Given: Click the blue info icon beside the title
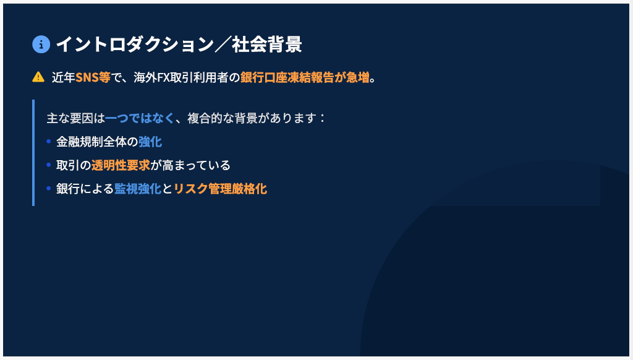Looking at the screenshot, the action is click(x=41, y=45).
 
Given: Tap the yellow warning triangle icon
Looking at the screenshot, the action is click(x=38, y=77).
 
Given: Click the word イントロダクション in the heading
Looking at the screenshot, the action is click(x=135, y=44).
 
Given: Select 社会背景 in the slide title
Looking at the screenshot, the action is click(x=267, y=44).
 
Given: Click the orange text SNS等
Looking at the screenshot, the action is click(x=93, y=77).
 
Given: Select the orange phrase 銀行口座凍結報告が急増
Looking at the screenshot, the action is click(x=305, y=77).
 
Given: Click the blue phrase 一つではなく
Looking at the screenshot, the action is click(x=140, y=118).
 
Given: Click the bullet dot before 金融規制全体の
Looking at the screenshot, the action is click(x=48, y=142).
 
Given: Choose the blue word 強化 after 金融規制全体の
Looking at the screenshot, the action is click(x=150, y=142).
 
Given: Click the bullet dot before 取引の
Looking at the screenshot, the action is click(x=48, y=165).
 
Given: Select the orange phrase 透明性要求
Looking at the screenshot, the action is click(x=121, y=165).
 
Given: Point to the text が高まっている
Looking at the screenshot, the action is click(x=190, y=165).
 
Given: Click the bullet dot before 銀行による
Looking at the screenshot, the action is click(x=48, y=188).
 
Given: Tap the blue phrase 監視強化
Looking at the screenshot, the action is click(x=138, y=189).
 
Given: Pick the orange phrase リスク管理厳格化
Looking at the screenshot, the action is click(x=221, y=189).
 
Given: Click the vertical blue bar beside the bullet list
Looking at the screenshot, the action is click(x=33, y=153).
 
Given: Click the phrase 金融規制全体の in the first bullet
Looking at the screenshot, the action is click(x=97, y=142).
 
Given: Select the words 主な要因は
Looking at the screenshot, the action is click(x=76, y=118).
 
